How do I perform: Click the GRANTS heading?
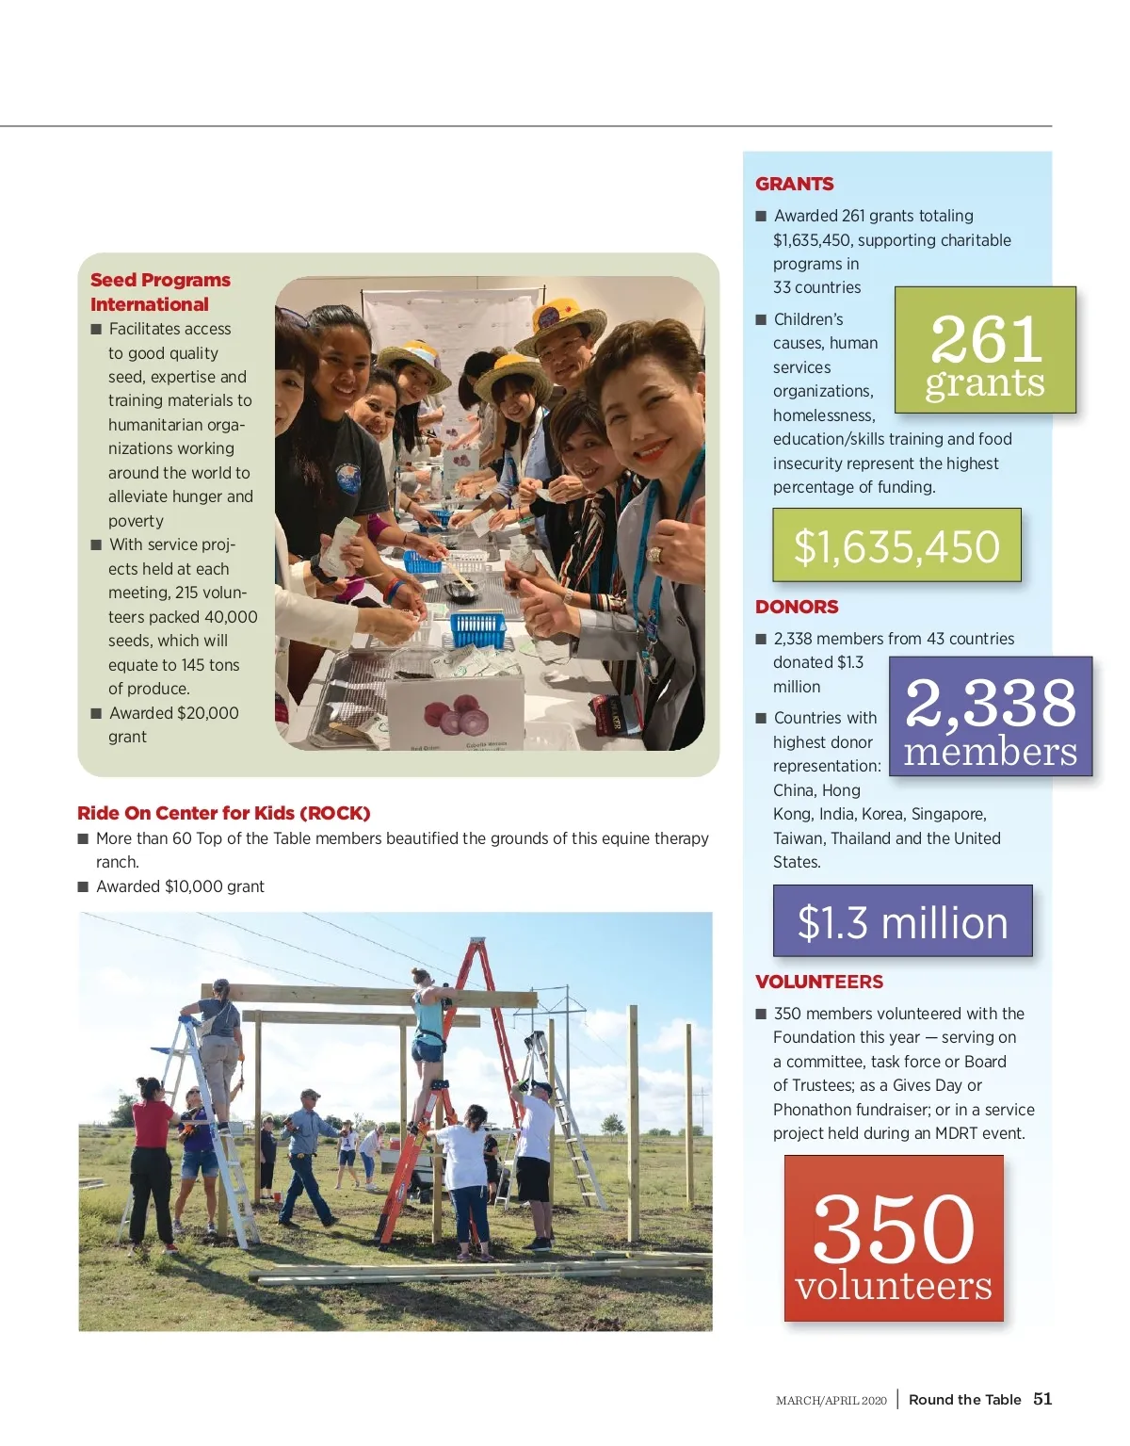click(x=794, y=184)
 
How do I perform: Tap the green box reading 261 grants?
click(x=984, y=350)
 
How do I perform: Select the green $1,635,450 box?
click(x=896, y=545)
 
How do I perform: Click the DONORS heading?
click(x=797, y=607)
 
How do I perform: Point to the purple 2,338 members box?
click(x=990, y=717)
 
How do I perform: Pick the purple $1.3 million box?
click(x=902, y=921)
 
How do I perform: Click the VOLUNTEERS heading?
click(x=818, y=982)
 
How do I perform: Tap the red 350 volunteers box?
click(x=894, y=1238)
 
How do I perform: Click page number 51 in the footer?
click(x=1042, y=1399)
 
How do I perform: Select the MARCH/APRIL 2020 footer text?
click(x=831, y=1401)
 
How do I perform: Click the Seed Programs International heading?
click(x=160, y=292)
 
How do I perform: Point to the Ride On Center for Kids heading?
click(x=224, y=813)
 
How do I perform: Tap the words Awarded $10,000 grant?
click(x=180, y=886)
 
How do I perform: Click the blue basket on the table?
click(x=478, y=628)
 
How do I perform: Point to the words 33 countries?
click(x=816, y=287)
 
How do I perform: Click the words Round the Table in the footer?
click(x=964, y=1400)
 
